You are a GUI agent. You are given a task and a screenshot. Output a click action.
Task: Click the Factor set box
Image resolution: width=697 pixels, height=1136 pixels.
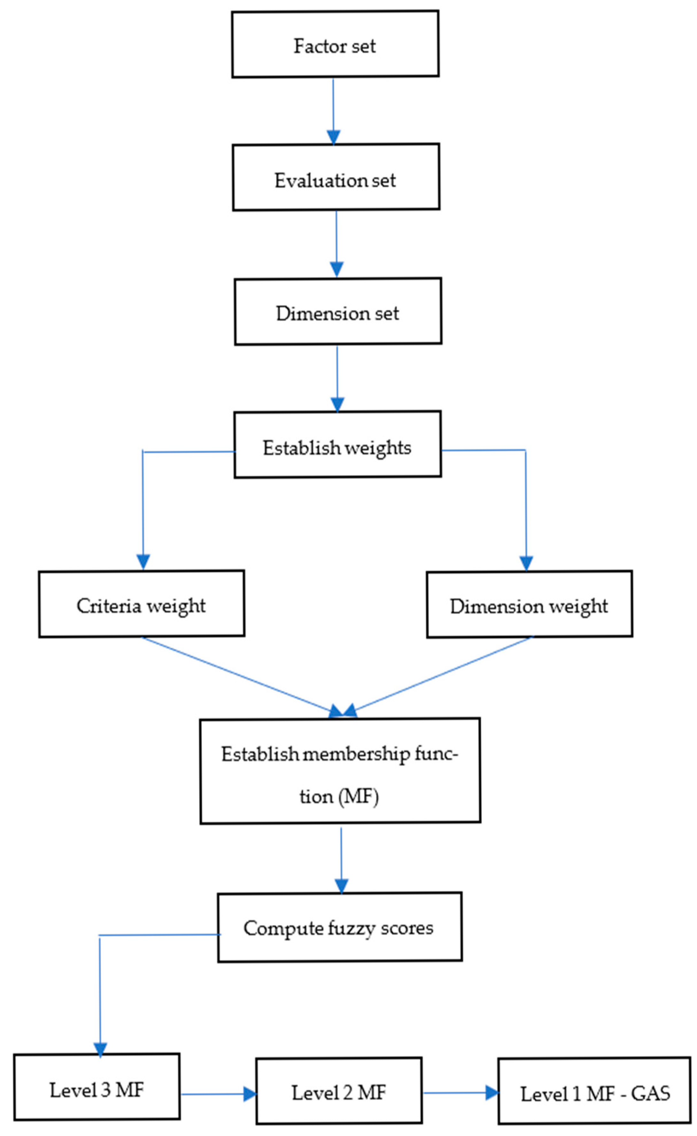335,45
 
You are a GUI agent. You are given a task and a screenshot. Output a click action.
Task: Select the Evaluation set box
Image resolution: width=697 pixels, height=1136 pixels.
336,178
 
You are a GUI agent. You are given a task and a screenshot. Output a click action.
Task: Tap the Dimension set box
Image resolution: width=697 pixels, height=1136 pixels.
338,312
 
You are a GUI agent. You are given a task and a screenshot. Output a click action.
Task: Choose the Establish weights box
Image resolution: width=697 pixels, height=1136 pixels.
337,445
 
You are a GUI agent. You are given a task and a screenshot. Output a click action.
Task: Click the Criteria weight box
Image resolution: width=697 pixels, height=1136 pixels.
142,604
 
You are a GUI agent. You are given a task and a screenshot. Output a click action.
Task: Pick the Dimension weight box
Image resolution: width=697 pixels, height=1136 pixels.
529,605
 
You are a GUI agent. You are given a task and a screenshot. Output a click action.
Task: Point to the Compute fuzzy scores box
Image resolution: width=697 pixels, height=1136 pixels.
339,928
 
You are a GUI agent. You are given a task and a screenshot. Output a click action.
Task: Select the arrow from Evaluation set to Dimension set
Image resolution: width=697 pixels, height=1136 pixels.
336,243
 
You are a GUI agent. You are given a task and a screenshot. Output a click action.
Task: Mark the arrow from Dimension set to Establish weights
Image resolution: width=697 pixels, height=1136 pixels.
337,378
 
